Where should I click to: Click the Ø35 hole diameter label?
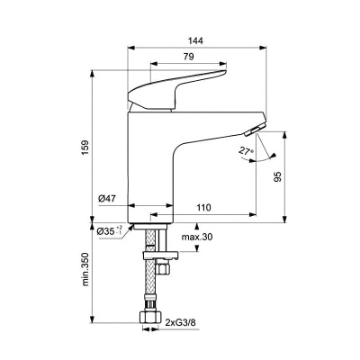tap(106, 230)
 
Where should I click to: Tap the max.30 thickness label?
tap(195, 236)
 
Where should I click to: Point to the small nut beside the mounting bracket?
tap(162, 267)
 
